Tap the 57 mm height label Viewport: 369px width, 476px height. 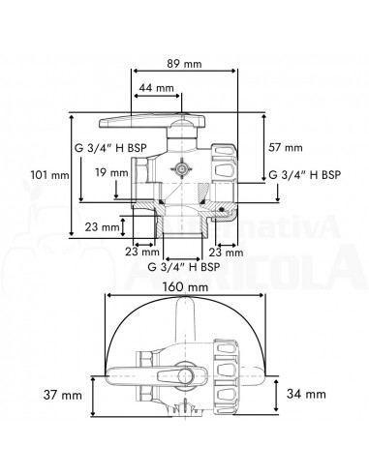tap(286, 147)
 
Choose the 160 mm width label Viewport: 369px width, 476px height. tap(185, 287)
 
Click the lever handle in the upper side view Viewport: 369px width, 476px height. tap(136, 123)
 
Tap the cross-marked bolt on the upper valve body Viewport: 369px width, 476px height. tap(181, 167)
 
